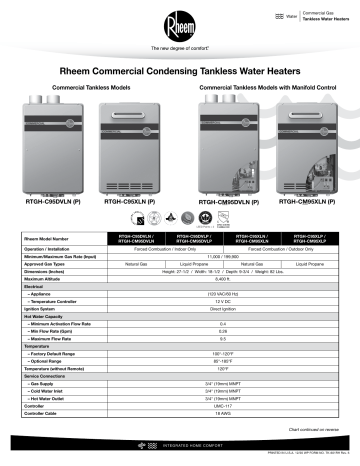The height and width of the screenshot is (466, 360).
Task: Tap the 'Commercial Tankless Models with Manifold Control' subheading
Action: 264,89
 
